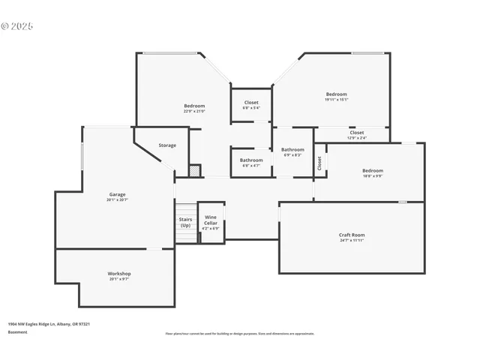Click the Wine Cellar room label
(x=211, y=220)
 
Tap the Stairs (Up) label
(x=185, y=222)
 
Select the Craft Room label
(x=352, y=235)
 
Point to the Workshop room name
(x=119, y=274)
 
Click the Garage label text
(x=118, y=194)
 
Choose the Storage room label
(x=167, y=145)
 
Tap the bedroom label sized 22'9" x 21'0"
(x=194, y=106)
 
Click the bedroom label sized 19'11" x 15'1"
(x=337, y=94)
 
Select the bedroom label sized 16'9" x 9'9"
(x=373, y=170)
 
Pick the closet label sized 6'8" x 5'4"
(x=251, y=102)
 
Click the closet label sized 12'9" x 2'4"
(x=357, y=133)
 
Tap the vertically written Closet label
(x=319, y=163)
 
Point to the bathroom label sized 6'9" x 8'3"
(x=292, y=149)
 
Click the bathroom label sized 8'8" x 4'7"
(x=251, y=160)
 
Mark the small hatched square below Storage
(x=194, y=170)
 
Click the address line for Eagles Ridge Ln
(x=49, y=324)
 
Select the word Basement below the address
(x=17, y=331)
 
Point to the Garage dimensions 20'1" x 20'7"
(x=118, y=199)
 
